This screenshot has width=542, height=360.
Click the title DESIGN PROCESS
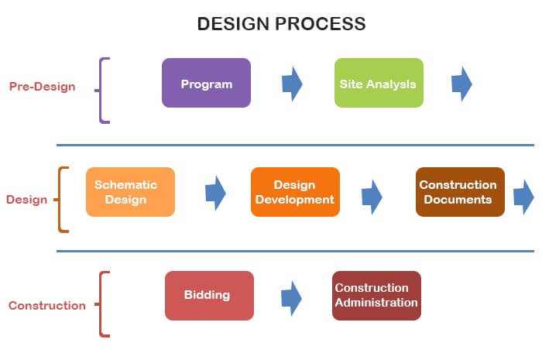point(281,24)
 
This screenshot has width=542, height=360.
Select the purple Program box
point(206,83)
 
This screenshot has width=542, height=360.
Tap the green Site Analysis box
point(379,83)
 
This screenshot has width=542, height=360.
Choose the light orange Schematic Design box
point(130,192)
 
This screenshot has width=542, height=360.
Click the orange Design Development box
point(295,192)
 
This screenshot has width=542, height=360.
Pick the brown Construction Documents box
point(460,192)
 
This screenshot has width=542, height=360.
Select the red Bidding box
point(209,295)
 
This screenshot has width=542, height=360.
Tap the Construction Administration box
point(376,295)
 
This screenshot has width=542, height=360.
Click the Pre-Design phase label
point(43,87)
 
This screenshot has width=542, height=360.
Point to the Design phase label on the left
point(26,200)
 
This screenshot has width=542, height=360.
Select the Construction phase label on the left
point(47,305)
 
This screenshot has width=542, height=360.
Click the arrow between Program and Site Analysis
point(291,84)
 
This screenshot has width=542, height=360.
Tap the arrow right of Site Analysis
point(461,84)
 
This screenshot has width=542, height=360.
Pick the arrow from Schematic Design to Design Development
point(215,193)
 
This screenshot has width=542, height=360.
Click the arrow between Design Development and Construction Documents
point(372,197)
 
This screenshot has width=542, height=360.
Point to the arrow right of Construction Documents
point(524,197)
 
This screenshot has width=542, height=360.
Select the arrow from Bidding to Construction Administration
point(291,298)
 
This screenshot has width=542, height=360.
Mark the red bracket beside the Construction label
point(102,304)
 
